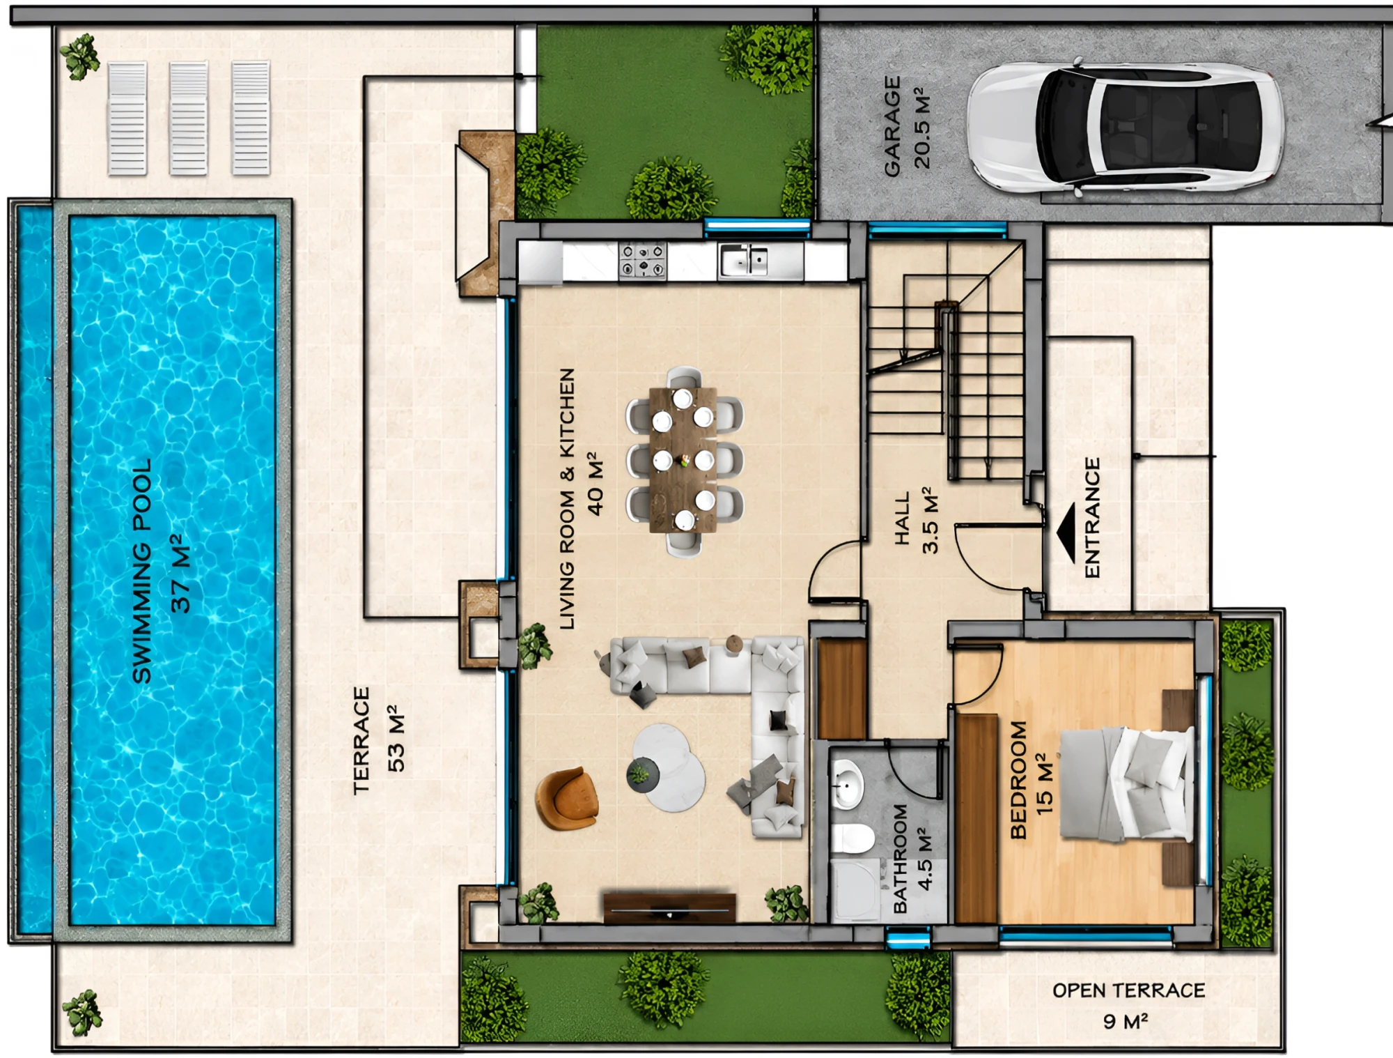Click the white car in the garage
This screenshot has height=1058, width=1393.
(1124, 128)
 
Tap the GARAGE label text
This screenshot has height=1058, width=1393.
(892, 126)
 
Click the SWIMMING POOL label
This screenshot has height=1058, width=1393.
(142, 570)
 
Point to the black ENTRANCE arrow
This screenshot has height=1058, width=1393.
(1066, 533)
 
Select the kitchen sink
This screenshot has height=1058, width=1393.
(744, 260)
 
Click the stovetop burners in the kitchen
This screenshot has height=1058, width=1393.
(642, 260)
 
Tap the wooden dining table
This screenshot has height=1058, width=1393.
(683, 460)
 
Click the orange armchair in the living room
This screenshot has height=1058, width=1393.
(566, 798)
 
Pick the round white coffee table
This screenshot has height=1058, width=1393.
(668, 767)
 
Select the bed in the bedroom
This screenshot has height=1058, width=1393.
(1126, 783)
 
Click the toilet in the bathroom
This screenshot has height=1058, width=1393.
(853, 838)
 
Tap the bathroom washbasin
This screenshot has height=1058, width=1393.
(848, 783)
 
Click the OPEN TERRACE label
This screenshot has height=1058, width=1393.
(1128, 990)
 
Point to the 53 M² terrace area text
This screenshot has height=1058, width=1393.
(396, 738)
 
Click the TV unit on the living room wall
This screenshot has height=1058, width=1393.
(669, 908)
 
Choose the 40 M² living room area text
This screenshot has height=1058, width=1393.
(595, 483)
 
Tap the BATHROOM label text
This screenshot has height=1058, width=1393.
(900, 858)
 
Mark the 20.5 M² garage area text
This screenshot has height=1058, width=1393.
(921, 128)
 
